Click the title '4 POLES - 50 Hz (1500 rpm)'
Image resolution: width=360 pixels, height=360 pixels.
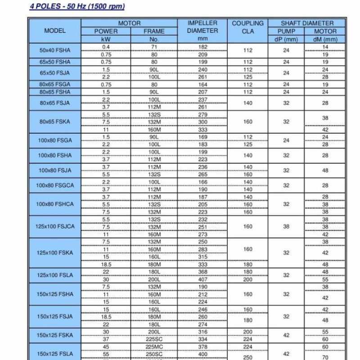pyautogui.click(x=77, y=7)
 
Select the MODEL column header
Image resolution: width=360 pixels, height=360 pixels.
pyautogui.click(x=54, y=31)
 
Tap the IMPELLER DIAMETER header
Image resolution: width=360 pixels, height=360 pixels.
pyautogui.click(x=202, y=27)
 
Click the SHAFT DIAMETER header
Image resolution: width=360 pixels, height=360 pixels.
pyautogui.click(x=307, y=23)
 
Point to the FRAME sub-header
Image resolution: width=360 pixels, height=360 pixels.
pyautogui.click(x=154, y=31)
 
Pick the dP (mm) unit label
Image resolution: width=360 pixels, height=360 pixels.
pyautogui.click(x=286, y=39)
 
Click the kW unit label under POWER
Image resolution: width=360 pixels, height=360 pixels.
pyautogui.click(x=106, y=39)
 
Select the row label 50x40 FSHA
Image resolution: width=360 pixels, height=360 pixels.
pyautogui.click(x=55, y=51)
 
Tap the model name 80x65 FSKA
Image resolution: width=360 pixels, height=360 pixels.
pyautogui.click(x=55, y=121)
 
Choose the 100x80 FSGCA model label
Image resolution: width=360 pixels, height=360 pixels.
pyautogui.click(x=54, y=185)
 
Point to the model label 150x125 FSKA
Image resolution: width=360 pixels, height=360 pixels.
pyautogui.click(x=55, y=335)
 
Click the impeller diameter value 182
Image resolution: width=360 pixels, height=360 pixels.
pyautogui.click(x=202, y=47)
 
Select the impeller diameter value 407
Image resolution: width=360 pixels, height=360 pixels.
pyautogui.click(x=202, y=279)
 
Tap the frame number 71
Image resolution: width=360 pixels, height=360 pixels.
pyautogui.click(x=154, y=47)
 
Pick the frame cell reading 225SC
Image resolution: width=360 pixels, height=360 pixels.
pyautogui.click(x=154, y=339)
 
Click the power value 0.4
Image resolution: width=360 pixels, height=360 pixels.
pyautogui.click(x=106, y=47)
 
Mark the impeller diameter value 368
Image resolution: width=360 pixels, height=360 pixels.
pyautogui.click(x=202, y=272)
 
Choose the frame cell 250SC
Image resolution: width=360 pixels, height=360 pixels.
pyautogui.click(x=154, y=354)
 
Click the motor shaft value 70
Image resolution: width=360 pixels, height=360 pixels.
pyautogui.click(x=325, y=358)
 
